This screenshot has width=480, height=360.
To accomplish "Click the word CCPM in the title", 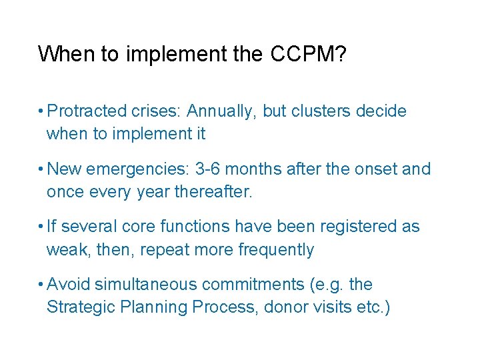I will pyautogui.click(x=308, y=54).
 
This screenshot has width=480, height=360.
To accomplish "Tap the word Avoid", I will pyautogui.click(x=69, y=285).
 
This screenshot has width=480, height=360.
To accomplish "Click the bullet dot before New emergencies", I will pyautogui.click(x=41, y=169).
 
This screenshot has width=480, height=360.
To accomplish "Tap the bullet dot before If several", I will pyautogui.click(x=41, y=227).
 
